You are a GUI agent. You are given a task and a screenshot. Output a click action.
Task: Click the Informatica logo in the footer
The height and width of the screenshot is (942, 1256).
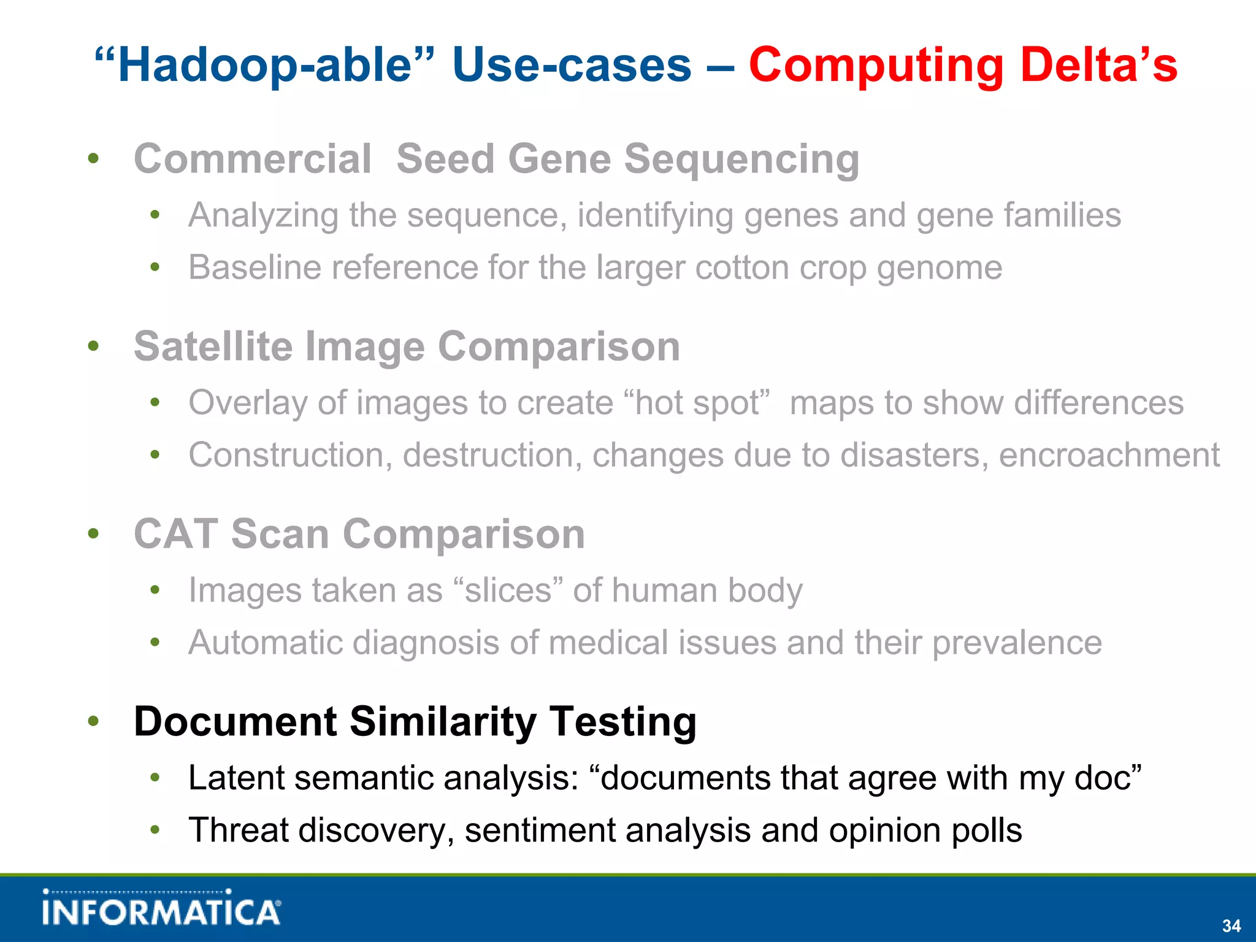(x=162, y=908)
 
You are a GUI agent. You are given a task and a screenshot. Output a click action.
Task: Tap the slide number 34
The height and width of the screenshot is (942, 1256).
(x=1231, y=925)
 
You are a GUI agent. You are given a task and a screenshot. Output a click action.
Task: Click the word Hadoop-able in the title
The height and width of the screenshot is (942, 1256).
(x=264, y=65)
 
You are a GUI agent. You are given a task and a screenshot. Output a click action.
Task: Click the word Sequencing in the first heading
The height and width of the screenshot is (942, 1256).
(x=741, y=159)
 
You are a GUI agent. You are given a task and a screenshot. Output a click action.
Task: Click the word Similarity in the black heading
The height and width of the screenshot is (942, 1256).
(x=443, y=721)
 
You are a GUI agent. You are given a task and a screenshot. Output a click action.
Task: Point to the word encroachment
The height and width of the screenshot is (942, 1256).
(x=1109, y=455)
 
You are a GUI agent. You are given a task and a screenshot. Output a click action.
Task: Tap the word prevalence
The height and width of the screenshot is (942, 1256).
(x=1017, y=643)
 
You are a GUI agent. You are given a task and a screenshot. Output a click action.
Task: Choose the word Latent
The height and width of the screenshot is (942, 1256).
(x=235, y=778)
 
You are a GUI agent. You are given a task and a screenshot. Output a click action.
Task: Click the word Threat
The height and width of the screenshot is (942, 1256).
(x=238, y=830)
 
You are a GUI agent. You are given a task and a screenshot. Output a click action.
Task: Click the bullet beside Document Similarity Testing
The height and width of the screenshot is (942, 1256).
(x=93, y=721)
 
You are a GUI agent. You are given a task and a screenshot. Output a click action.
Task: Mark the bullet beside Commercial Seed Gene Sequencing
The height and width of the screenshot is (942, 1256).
(x=93, y=159)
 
